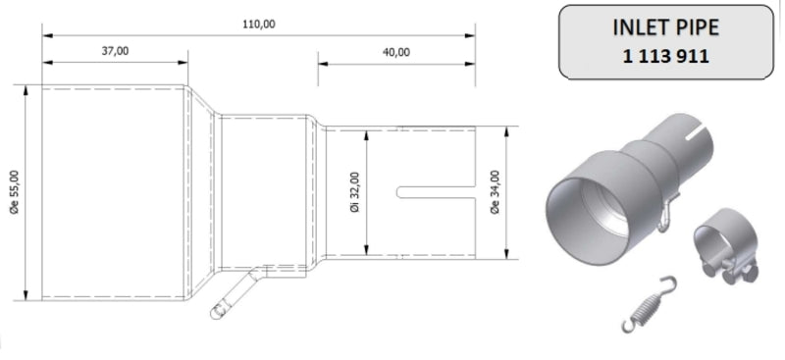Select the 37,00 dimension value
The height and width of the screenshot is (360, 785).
coord(115,51)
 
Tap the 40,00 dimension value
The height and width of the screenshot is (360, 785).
coord(396,51)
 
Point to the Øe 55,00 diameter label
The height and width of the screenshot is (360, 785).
coord(15,192)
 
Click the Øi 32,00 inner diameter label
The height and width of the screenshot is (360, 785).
coord(353,192)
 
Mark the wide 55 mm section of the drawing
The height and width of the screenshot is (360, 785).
coord(113,192)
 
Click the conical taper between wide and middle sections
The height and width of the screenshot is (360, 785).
coord(202,192)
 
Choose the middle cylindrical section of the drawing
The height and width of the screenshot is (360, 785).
coord(265,192)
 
